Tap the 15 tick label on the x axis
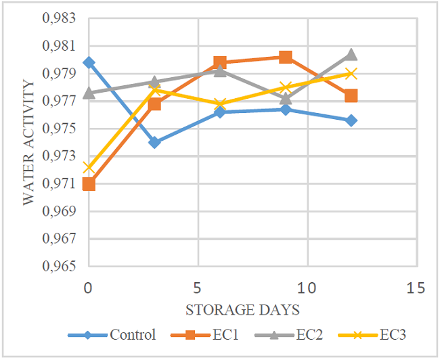417,288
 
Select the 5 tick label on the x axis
198,288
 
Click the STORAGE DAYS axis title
252,310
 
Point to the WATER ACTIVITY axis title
28,143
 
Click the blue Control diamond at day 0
89,62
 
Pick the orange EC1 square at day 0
89,183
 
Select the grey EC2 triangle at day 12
351,54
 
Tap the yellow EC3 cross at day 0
89,167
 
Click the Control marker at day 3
154,142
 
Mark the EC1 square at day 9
286,57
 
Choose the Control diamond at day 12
351,120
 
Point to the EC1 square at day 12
351,95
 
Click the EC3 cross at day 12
351,73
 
